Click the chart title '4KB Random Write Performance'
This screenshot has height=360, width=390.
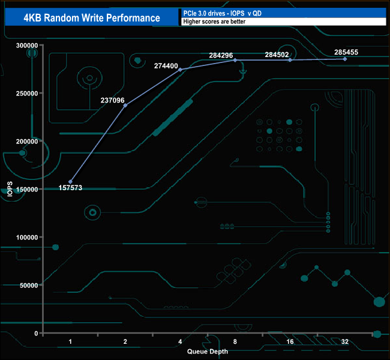92,17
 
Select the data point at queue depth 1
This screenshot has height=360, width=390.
70,181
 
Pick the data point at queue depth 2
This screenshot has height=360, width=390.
125,105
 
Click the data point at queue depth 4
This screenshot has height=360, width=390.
180,70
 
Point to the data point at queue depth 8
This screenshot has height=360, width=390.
235,60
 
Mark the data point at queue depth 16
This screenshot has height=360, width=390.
290,60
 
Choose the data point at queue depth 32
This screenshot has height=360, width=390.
345,59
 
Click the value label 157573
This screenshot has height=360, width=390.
70,188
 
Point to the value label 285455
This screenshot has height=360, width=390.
346,52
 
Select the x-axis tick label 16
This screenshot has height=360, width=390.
290,341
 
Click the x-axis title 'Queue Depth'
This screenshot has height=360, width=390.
208,352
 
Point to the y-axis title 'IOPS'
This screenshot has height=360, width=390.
10,190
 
